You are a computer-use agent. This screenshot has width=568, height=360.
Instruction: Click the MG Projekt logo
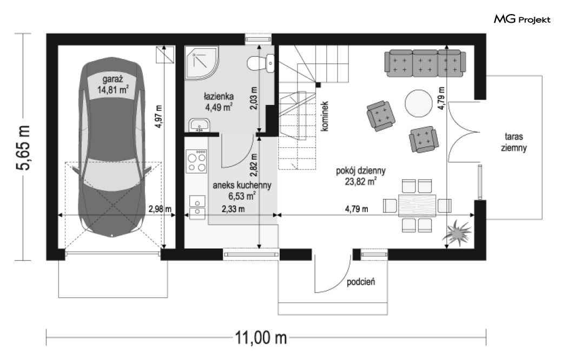[522, 19]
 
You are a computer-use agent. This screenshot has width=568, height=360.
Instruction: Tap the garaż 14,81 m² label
[113, 84]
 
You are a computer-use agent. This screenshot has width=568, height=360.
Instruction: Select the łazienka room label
[219, 96]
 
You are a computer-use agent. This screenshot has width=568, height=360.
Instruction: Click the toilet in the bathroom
[261, 63]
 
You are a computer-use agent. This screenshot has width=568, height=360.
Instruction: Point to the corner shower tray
[201, 62]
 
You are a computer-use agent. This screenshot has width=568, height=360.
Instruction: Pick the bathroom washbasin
[199, 125]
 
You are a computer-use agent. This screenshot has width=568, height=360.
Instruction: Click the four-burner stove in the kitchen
[196, 161]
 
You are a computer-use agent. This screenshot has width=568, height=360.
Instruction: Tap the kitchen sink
[197, 207]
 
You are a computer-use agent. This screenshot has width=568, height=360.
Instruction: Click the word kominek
[325, 116]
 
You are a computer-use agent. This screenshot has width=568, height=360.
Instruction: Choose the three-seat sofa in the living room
[425, 63]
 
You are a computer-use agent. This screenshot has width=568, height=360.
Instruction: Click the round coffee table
[418, 103]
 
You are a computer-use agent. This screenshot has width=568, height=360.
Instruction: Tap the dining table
[417, 206]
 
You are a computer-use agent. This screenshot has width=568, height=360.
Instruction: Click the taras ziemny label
[514, 142]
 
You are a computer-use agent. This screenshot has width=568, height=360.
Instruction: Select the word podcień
[361, 282]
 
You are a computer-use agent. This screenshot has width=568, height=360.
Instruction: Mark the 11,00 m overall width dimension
[261, 338]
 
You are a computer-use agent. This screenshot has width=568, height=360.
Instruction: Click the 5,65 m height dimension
[23, 148]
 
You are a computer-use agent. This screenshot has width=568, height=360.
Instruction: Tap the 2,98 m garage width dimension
[160, 209]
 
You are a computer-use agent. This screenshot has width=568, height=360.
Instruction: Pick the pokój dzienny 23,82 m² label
[361, 176]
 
